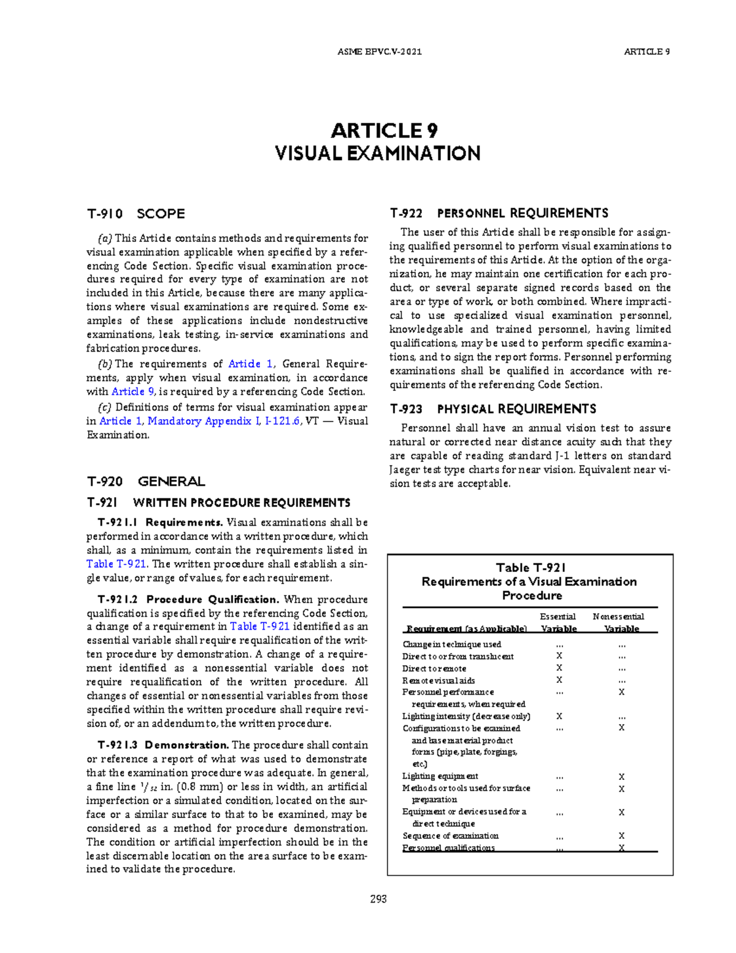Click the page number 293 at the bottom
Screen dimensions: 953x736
tap(378, 899)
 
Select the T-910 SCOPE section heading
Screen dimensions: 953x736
tap(136, 214)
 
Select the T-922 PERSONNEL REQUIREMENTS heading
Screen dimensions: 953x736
tap(499, 213)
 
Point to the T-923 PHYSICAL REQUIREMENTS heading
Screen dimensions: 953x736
tap(493, 409)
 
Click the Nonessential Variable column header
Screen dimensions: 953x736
tap(619, 622)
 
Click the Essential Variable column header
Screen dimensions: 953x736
tap(558, 622)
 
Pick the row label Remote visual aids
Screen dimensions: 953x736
tap(438, 680)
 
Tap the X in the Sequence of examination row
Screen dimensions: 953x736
tap(621, 836)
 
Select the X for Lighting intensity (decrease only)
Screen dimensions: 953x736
tap(559, 716)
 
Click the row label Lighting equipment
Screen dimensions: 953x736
tap(440, 776)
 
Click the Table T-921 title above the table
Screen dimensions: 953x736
tap(531, 568)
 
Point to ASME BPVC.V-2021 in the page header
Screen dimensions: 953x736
tap(380, 52)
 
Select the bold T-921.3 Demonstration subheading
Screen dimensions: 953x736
tap(164, 745)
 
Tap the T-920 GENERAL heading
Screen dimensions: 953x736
tap(145, 481)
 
